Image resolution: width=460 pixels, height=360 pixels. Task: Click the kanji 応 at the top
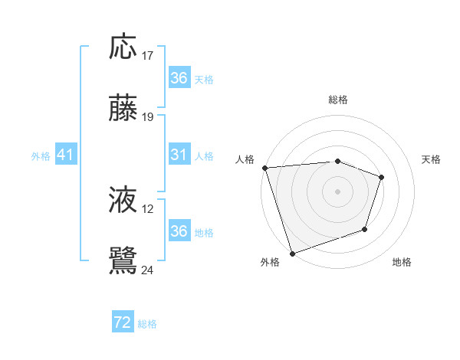(x=123, y=47)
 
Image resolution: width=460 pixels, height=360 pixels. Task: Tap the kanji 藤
(x=123, y=109)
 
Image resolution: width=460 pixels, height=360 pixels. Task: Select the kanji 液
(x=123, y=201)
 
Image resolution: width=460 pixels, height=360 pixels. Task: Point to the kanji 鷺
(x=123, y=261)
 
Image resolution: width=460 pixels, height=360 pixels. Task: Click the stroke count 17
(x=147, y=56)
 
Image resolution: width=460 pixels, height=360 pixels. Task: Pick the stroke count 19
(x=147, y=117)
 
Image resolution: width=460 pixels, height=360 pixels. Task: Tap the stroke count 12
(x=147, y=209)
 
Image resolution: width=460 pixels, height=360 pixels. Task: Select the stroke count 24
(x=147, y=270)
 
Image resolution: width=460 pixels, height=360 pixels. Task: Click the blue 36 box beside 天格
(x=179, y=78)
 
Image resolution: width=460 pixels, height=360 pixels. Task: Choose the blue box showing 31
(x=179, y=155)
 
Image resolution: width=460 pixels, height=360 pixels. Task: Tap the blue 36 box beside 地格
(x=179, y=231)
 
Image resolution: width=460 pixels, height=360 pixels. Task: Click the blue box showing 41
(x=66, y=155)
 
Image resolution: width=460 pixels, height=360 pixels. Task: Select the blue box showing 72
(x=123, y=323)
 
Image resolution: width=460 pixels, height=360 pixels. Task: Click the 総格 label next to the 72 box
(x=147, y=324)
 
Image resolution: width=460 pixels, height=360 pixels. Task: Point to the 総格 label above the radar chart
(x=338, y=100)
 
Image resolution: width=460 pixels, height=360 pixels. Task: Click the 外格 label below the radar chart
(x=270, y=263)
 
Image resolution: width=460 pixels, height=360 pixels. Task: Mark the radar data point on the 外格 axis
(x=292, y=254)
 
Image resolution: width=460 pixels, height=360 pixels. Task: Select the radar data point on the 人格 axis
(x=264, y=167)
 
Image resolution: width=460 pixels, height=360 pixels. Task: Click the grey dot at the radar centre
(x=338, y=191)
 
